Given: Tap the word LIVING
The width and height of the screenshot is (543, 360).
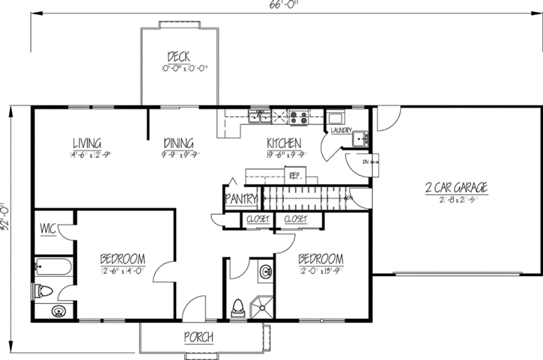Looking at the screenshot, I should (x=87, y=143).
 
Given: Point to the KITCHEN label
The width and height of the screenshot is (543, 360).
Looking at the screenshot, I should (x=284, y=143).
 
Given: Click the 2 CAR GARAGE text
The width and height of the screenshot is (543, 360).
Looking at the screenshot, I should (x=456, y=187).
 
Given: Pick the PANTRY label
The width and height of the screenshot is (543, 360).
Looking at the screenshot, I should (x=241, y=199).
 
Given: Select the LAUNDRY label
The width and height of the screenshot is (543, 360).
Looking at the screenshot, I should (x=341, y=131).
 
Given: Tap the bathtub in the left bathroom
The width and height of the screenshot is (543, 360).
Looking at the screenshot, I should (x=53, y=266).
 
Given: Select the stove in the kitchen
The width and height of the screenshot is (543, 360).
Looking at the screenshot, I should (x=297, y=116).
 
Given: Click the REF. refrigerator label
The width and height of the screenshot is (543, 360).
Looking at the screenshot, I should (x=294, y=177).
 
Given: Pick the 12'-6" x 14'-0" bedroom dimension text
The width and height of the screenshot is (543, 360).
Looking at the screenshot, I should (x=122, y=271).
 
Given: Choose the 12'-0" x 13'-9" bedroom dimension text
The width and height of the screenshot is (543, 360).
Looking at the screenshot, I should (x=320, y=271).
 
